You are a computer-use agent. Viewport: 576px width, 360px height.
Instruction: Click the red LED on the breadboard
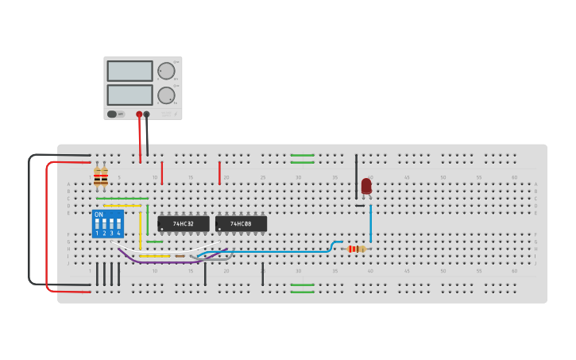coord(366,186)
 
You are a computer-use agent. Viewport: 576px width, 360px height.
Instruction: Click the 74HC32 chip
coord(184,224)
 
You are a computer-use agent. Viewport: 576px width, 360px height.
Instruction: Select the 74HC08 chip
coord(241,224)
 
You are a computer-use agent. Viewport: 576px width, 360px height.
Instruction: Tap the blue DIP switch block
coord(107,224)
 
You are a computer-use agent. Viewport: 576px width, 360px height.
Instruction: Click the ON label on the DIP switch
coord(99,215)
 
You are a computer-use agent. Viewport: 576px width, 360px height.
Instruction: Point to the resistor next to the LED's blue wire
coord(357,249)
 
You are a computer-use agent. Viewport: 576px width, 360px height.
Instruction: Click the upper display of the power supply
coord(130,71)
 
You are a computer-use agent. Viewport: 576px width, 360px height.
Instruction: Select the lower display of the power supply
coord(130,95)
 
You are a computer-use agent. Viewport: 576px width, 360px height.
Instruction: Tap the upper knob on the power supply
coord(165,71)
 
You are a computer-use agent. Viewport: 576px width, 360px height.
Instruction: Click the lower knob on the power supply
coord(165,95)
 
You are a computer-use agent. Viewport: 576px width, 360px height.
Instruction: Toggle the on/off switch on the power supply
coord(112,114)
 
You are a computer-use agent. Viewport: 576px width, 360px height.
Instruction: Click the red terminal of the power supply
coord(139,114)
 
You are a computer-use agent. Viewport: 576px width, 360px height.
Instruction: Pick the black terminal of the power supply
coord(147,114)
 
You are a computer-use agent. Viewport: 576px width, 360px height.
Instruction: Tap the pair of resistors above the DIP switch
coord(100,176)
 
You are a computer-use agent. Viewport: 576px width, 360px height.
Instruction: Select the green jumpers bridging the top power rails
coord(302,158)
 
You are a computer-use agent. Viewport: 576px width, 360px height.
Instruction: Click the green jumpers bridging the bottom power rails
coord(302,288)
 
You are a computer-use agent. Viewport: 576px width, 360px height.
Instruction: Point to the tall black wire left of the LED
coord(356,176)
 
